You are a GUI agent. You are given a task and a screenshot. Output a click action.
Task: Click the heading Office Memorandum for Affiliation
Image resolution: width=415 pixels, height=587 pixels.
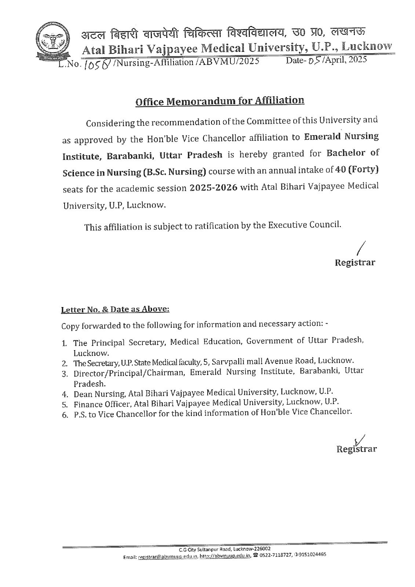[x=220, y=101]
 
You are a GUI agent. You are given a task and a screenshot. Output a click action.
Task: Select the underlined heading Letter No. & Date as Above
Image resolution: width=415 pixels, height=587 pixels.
[x=115, y=309]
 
